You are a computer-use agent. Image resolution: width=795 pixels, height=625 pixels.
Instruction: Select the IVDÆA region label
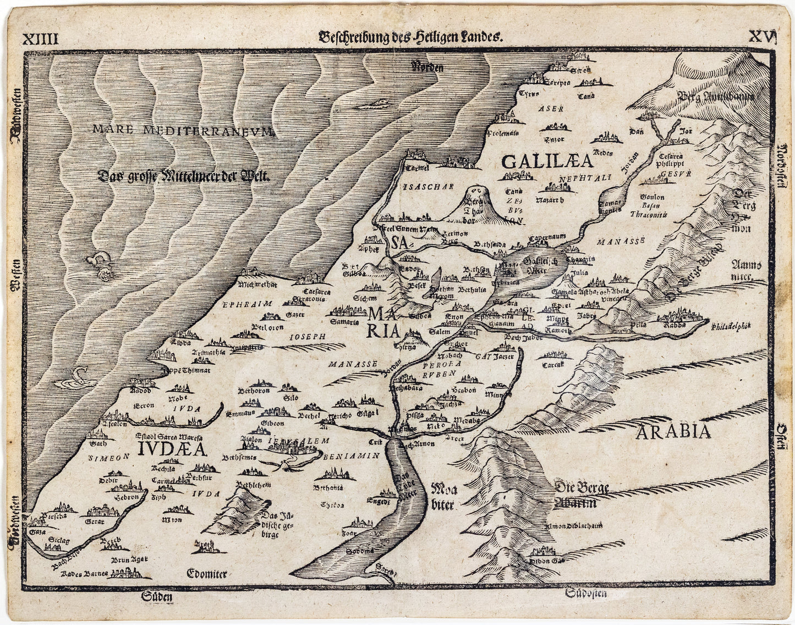pyautogui.click(x=173, y=449)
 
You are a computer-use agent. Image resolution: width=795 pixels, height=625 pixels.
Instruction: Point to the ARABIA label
pyautogui.click(x=674, y=431)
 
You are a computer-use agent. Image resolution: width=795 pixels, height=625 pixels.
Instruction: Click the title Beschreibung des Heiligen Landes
pyautogui.click(x=410, y=38)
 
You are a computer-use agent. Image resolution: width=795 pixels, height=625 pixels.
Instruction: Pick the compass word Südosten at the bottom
pyautogui.click(x=587, y=594)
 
